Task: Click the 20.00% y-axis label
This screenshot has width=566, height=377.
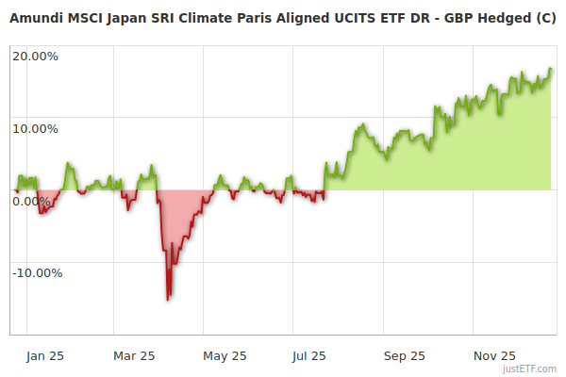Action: click(35, 56)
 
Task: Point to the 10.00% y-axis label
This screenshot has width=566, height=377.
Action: click(35, 128)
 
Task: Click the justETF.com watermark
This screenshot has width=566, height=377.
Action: click(530, 369)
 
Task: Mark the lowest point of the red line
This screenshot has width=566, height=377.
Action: click(168, 300)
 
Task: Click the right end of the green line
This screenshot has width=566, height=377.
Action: click(551, 69)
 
